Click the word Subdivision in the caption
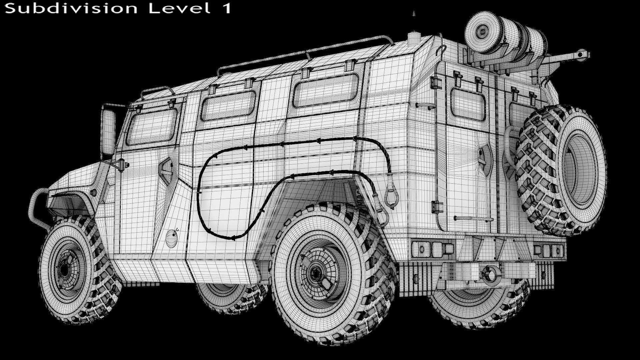pyautogui.click(x=71, y=8)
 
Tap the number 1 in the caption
pyautogui.click(x=227, y=8)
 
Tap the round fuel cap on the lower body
pyautogui.click(x=172, y=239)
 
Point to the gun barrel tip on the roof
pyautogui.click(x=582, y=54)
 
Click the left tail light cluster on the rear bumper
pyautogui.click(x=433, y=248)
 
